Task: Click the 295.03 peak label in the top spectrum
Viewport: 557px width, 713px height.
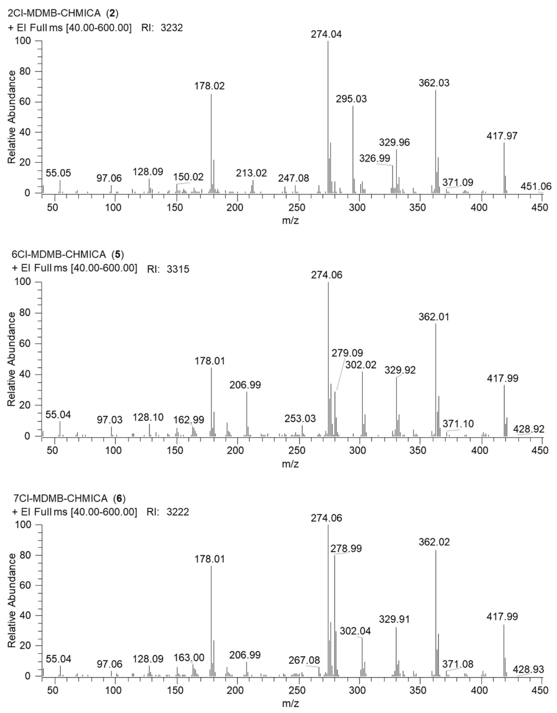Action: click(x=351, y=99)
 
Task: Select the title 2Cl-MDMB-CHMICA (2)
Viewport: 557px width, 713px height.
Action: click(x=63, y=13)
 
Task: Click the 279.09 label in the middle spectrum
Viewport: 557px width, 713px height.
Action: click(x=347, y=353)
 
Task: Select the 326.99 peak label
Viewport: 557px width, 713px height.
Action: click(x=375, y=158)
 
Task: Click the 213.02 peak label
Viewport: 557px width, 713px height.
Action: click(x=251, y=173)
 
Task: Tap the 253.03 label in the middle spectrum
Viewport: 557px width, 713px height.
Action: click(x=300, y=419)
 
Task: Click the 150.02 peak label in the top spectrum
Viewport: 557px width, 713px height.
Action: click(x=188, y=177)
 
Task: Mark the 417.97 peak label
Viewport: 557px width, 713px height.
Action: click(x=502, y=136)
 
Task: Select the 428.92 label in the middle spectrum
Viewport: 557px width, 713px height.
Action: click(x=529, y=429)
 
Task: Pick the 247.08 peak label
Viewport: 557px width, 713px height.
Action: click(x=293, y=178)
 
